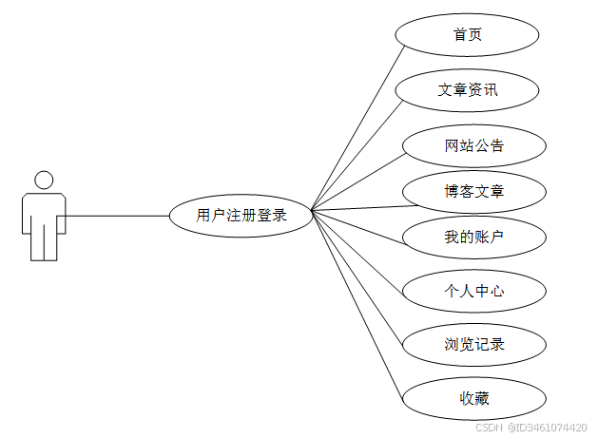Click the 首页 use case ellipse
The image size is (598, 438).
pos(467,35)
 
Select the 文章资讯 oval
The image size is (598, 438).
pos(467,90)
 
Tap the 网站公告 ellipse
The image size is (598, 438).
pos(473,146)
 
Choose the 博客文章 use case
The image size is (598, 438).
pos(473,192)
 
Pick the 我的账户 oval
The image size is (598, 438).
pos(473,237)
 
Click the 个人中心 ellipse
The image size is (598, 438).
pos(473,291)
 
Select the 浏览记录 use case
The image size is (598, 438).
pos(473,344)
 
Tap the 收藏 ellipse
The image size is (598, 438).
pos(473,398)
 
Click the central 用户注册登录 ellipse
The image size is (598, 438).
pos(241,216)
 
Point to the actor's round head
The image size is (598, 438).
pos(43,180)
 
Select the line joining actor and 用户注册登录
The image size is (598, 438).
pos(114,216)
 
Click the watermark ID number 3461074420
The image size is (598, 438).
pos(553,428)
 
